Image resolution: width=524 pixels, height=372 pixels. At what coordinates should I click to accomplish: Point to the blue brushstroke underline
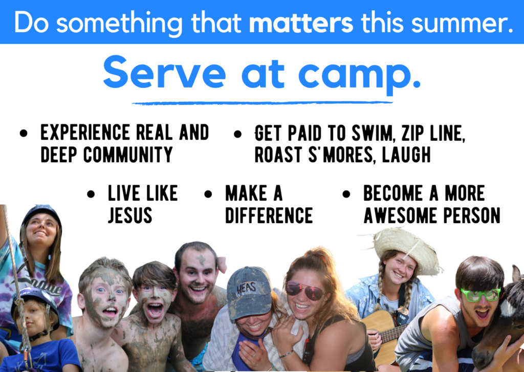(x=263, y=103)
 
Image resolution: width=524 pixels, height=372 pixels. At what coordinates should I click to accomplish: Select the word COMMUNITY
(x=128, y=155)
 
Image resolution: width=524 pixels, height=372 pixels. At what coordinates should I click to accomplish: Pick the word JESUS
(x=130, y=215)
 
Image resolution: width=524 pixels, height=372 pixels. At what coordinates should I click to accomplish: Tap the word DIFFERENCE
(x=269, y=215)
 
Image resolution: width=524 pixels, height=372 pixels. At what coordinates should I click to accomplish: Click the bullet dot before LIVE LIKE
(x=91, y=194)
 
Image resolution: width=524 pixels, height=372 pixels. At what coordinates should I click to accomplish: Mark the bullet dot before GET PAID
(x=237, y=135)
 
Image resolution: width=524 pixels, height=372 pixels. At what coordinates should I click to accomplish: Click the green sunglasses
(x=481, y=294)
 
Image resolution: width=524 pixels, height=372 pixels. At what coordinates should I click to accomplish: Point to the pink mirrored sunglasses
(x=304, y=290)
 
